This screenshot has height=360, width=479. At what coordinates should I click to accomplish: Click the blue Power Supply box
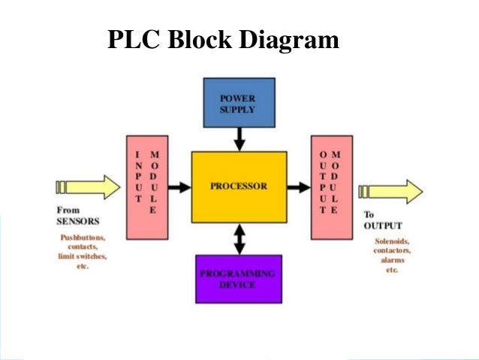[x=239, y=102]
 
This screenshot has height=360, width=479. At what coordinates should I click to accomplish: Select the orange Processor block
[x=239, y=186]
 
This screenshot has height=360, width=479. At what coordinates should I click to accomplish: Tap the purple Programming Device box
[x=238, y=278]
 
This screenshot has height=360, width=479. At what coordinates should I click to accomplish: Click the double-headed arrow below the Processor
[x=239, y=239]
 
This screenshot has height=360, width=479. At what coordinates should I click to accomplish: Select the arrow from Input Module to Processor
[x=179, y=186]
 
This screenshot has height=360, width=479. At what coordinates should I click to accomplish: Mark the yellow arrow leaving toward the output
[x=390, y=191]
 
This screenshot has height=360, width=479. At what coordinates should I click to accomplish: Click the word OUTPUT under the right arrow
[x=382, y=225]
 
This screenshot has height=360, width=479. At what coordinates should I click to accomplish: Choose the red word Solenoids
[x=392, y=241]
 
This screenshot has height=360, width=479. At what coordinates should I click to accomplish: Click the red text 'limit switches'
[x=83, y=256]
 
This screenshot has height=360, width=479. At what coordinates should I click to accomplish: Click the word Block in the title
[x=199, y=39]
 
